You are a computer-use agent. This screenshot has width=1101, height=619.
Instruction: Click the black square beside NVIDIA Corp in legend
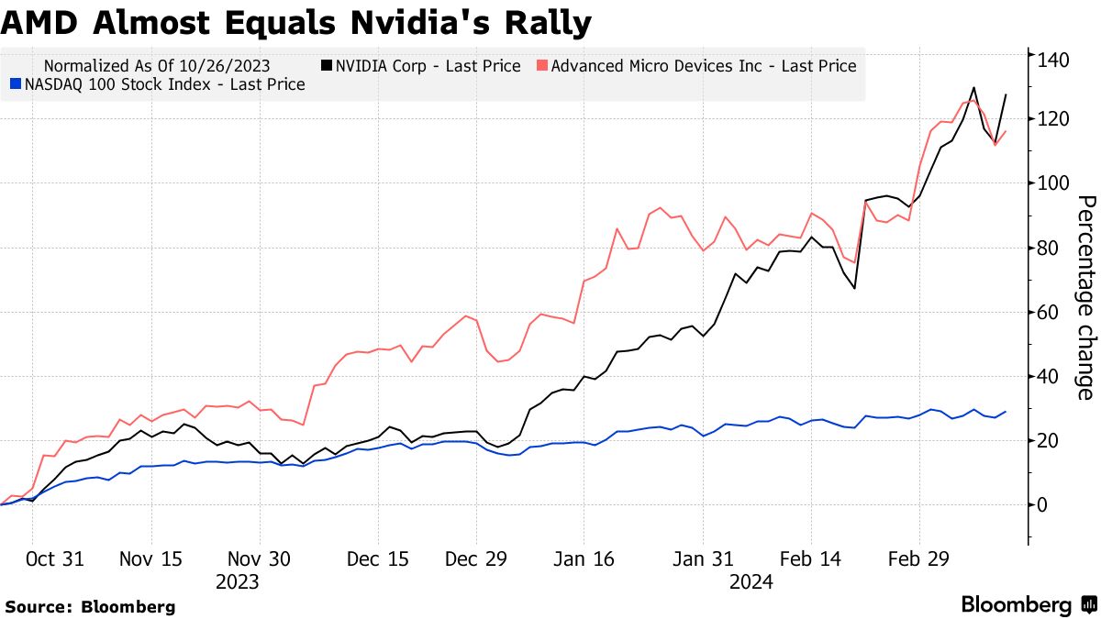pyautogui.click(x=326, y=66)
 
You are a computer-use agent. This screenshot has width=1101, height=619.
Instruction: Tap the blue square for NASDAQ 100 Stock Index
pyautogui.click(x=14, y=84)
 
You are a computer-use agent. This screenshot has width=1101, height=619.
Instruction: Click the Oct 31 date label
pyautogui.click(x=55, y=558)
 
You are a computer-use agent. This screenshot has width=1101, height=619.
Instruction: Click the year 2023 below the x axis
pyautogui.click(x=237, y=582)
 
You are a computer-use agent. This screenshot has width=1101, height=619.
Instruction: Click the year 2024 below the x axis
pyautogui.click(x=751, y=582)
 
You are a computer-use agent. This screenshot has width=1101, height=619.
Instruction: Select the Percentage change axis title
pyautogui.click(x=1085, y=298)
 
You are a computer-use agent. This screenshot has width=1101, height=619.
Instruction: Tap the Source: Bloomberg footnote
pyautogui.click(x=90, y=606)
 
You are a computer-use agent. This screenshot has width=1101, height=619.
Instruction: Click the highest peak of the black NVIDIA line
pyautogui.click(x=973, y=88)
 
